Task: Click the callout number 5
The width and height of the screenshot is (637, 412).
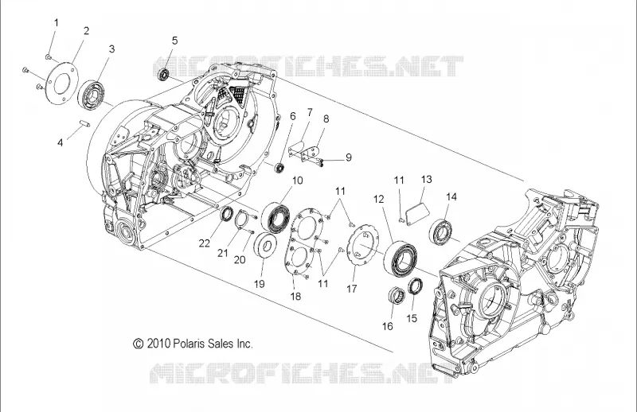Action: pyautogui.click(x=174, y=41)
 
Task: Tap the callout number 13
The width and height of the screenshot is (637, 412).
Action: pyautogui.click(x=426, y=180)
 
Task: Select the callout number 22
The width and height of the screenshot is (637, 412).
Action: pyautogui.click(x=205, y=243)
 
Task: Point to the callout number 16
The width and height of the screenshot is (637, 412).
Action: pyautogui.click(x=388, y=326)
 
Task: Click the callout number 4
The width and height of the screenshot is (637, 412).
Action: pyautogui.click(x=61, y=142)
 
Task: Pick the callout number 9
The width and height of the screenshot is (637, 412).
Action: pyautogui.click(x=349, y=157)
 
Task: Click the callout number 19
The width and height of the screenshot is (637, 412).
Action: pyautogui.click(x=260, y=284)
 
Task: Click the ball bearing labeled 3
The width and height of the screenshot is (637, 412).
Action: pyautogui.click(x=92, y=94)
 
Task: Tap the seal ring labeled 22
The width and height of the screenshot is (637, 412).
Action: pyautogui.click(x=227, y=213)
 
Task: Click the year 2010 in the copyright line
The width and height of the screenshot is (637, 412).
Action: pyautogui.click(x=158, y=344)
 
